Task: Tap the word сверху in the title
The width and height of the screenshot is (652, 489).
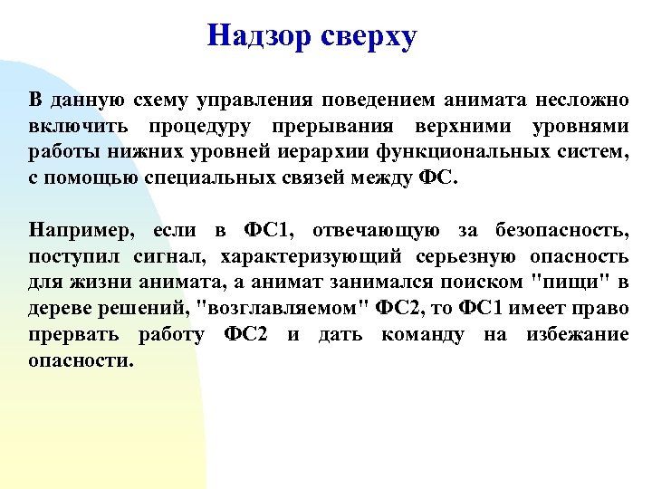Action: pyautogui.click(x=367, y=37)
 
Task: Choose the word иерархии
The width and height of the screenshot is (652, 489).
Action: pyautogui.click(x=315, y=151)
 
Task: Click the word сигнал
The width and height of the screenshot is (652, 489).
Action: pyautogui.click(x=159, y=256)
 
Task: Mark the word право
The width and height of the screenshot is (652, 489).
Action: pyautogui.click(x=599, y=308)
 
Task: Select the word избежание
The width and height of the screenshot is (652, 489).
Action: pyautogui.click(x=577, y=334)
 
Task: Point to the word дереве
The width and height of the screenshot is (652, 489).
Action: pyautogui.click(x=58, y=309)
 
